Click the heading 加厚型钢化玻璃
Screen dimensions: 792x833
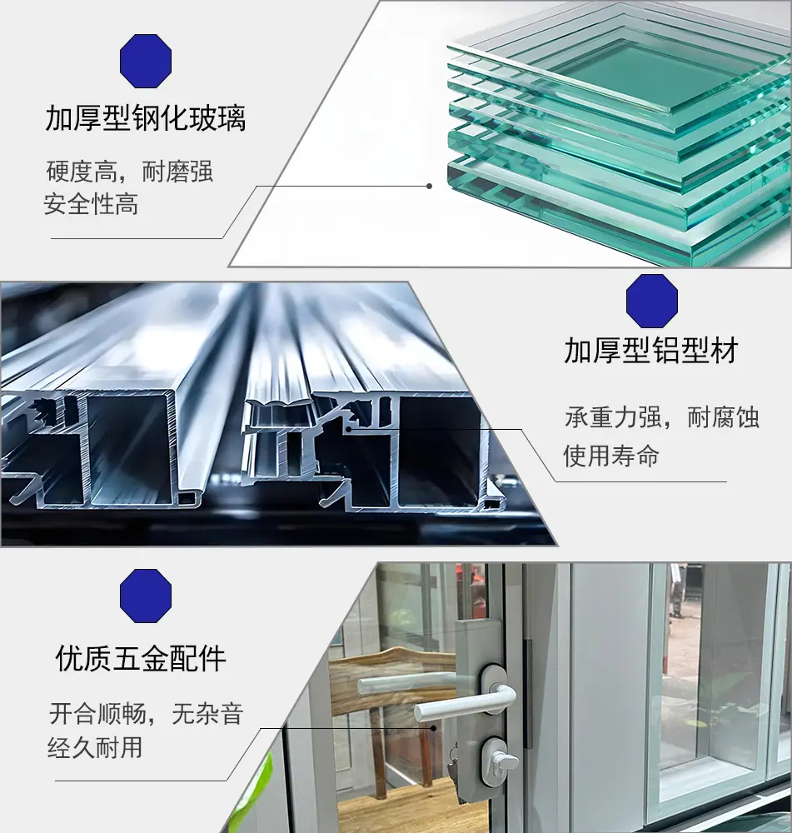[x=146, y=118]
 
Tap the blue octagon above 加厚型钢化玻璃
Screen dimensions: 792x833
[x=146, y=61]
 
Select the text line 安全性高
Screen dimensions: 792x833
[x=91, y=205]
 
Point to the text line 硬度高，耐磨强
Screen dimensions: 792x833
[x=130, y=172]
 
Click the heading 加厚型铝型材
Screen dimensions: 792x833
[x=651, y=351]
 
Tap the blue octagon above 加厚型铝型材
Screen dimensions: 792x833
[x=652, y=301]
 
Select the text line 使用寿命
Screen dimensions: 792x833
[x=611, y=456]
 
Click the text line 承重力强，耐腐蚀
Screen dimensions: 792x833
[x=662, y=417]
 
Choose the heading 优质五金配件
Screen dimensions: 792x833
[x=141, y=658]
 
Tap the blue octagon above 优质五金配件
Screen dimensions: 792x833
[x=146, y=596]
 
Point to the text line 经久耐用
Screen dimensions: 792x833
[x=95, y=747]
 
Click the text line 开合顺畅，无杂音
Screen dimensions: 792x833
[x=146, y=714]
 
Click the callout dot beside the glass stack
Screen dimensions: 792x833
[x=429, y=186]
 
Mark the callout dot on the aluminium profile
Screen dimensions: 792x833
[x=348, y=429]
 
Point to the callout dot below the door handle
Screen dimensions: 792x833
[x=433, y=728]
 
